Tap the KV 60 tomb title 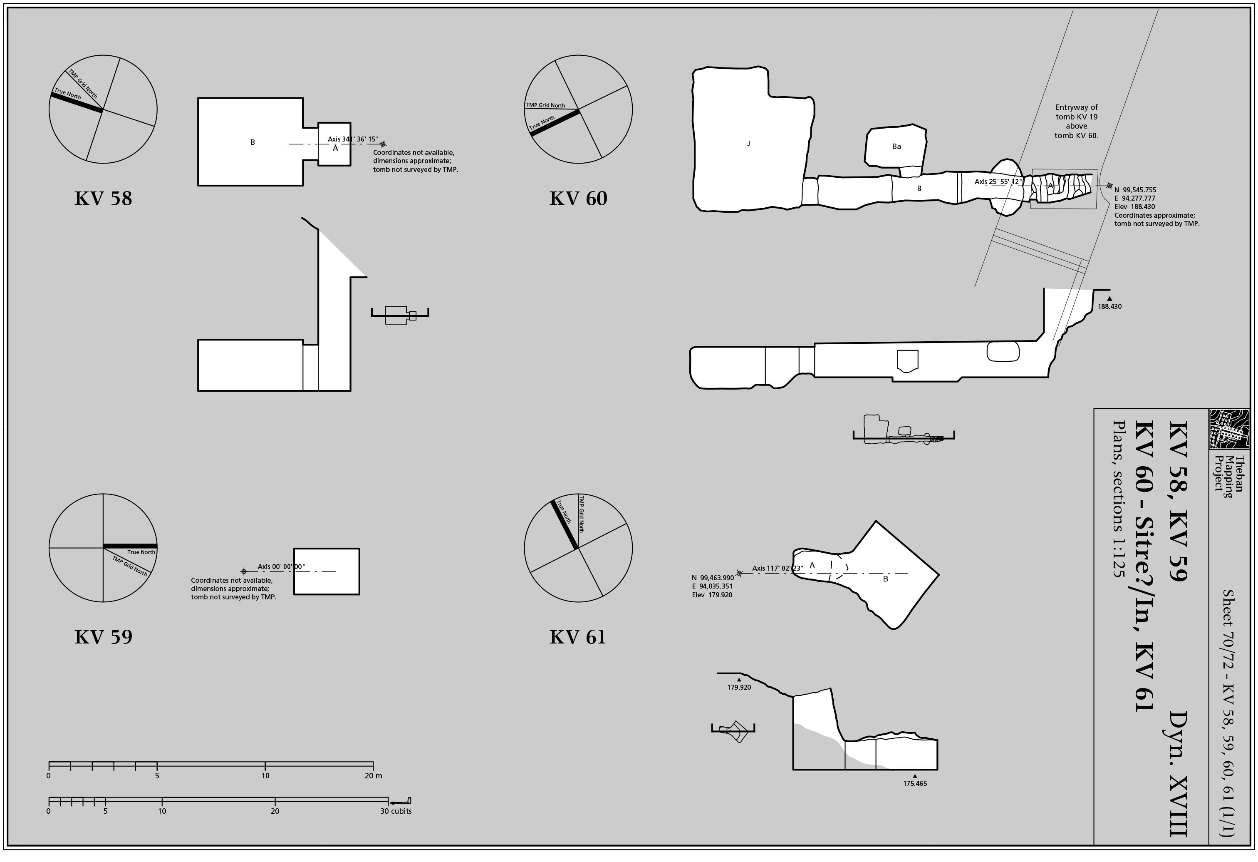[578, 198]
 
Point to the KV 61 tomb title [577, 637]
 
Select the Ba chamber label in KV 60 [896, 146]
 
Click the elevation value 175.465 [914, 783]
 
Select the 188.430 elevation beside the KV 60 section [1109, 306]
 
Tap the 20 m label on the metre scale [373, 775]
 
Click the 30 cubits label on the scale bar [396, 811]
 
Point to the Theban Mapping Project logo [1229, 429]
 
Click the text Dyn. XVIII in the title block [1179, 774]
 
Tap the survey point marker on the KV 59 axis [244, 571]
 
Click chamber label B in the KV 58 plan [252, 142]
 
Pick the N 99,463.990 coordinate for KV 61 [713, 578]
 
